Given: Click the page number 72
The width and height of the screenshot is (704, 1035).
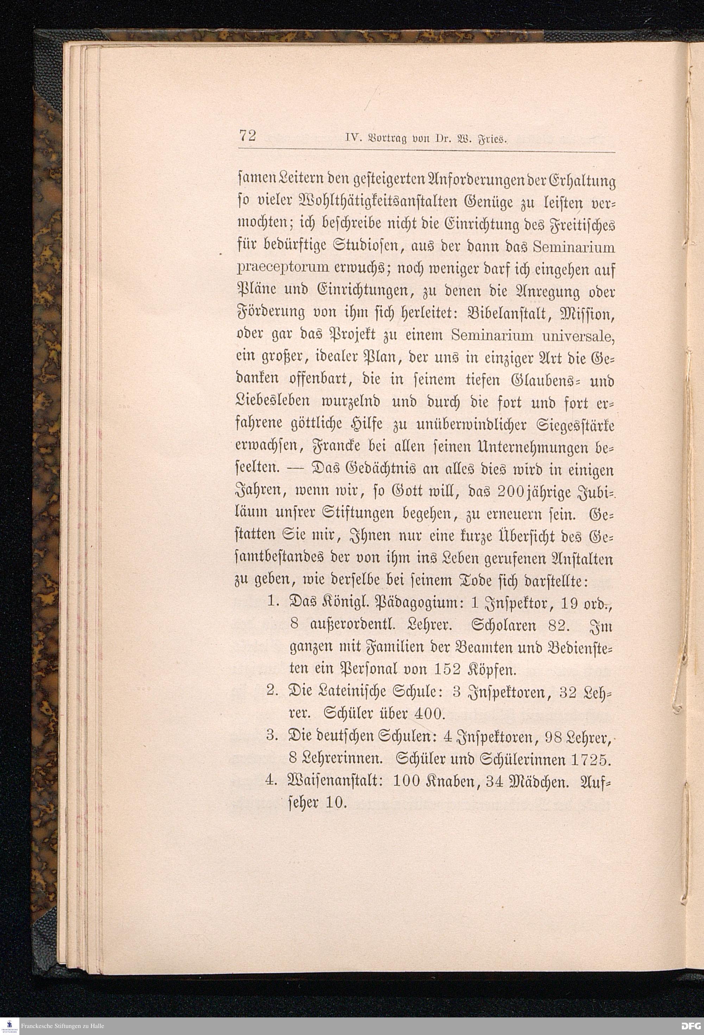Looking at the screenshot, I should (x=247, y=135).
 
